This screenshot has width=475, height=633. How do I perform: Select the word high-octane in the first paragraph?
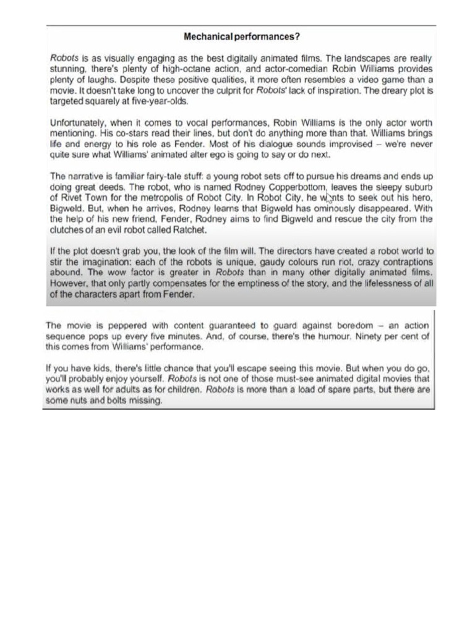tap(168, 69)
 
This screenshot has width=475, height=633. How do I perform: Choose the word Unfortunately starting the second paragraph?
tap(79, 123)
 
